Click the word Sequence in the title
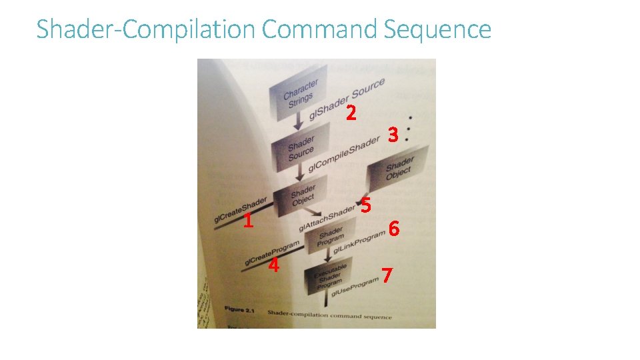pyautogui.click(x=437, y=30)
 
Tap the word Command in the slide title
pyautogui.click(x=320, y=30)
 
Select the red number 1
pyautogui.click(x=247, y=221)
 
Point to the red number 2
pyautogui.click(x=351, y=113)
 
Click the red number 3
pyautogui.click(x=393, y=135)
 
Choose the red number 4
pyautogui.click(x=273, y=265)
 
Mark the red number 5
pyautogui.click(x=365, y=205)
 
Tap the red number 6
pyautogui.click(x=394, y=229)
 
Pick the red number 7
pyautogui.click(x=387, y=274)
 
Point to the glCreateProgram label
pyautogui.click(x=271, y=252)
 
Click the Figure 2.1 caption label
pyautogui.click(x=239, y=311)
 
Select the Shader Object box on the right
pyautogui.click(x=399, y=168)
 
